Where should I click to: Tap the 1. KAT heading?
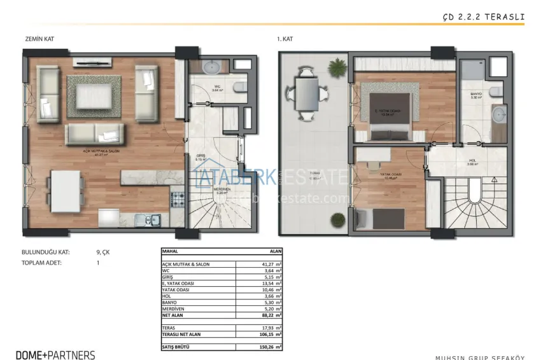285,39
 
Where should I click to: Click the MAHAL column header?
171,251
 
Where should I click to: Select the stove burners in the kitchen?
176,199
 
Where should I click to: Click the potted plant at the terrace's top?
335,66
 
